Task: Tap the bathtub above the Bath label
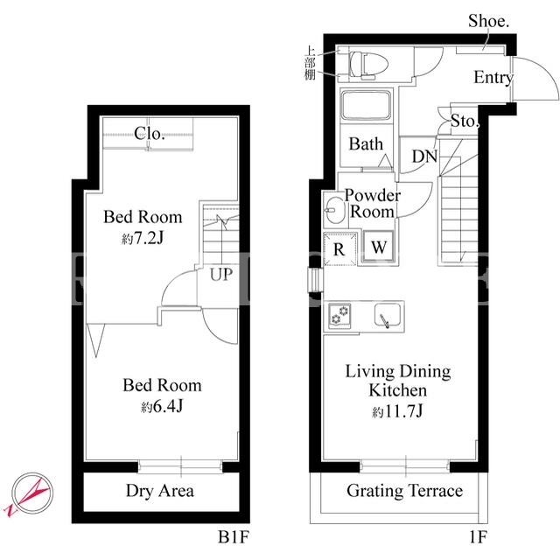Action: pos(366,105)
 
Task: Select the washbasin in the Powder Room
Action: pos(334,210)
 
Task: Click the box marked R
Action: pos(339,248)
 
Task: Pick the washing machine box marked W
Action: pos(379,247)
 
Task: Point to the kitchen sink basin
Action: pos(387,315)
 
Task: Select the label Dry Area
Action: pos(160,491)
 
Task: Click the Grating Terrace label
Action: pos(404,491)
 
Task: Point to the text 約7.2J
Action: pos(143,238)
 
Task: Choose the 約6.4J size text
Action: pos(162,406)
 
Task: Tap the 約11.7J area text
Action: pos(397,411)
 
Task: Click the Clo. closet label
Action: pos(150,134)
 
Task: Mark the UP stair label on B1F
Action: pos(221,274)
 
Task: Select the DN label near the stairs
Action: pos(424,157)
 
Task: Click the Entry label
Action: pos(493,78)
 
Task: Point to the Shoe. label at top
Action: pos(488,21)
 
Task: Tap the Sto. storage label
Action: pos(464,121)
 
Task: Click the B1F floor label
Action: pos(234,536)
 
